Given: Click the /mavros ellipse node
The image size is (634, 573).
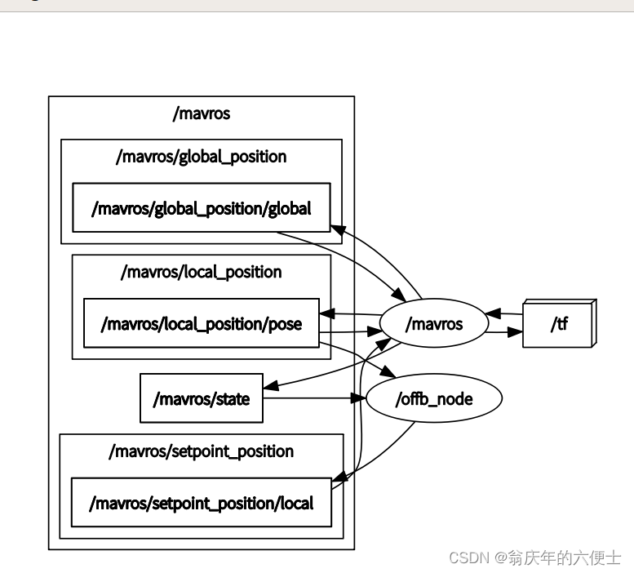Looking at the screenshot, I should pyautogui.click(x=433, y=324).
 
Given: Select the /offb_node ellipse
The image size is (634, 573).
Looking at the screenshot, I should pyautogui.click(x=433, y=399).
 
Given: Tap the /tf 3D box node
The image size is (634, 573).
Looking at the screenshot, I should pyautogui.click(x=559, y=324).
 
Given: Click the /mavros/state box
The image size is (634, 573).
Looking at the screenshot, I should pyautogui.click(x=202, y=399).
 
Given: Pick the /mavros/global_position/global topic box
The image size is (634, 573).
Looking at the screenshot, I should pyautogui.click(x=202, y=208).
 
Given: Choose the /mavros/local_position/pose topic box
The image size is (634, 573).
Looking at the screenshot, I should pyautogui.click(x=202, y=324).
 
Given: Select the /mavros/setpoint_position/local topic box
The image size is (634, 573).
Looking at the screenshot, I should pyautogui.click(x=202, y=503).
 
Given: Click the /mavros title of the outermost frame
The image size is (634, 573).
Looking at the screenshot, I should pyautogui.click(x=202, y=113).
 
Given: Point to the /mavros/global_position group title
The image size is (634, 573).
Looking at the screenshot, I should pyautogui.click(x=202, y=156).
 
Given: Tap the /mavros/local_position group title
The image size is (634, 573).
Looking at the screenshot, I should pyautogui.click(x=202, y=272).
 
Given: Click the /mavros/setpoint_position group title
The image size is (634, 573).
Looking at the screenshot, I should pyautogui.click(x=202, y=451).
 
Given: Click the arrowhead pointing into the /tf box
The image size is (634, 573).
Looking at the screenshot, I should pyautogui.click(x=514, y=332).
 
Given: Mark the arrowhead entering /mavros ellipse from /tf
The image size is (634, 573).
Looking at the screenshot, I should pyautogui.click(x=492, y=313).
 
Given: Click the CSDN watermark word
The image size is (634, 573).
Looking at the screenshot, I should pyautogui.click(x=468, y=557).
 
